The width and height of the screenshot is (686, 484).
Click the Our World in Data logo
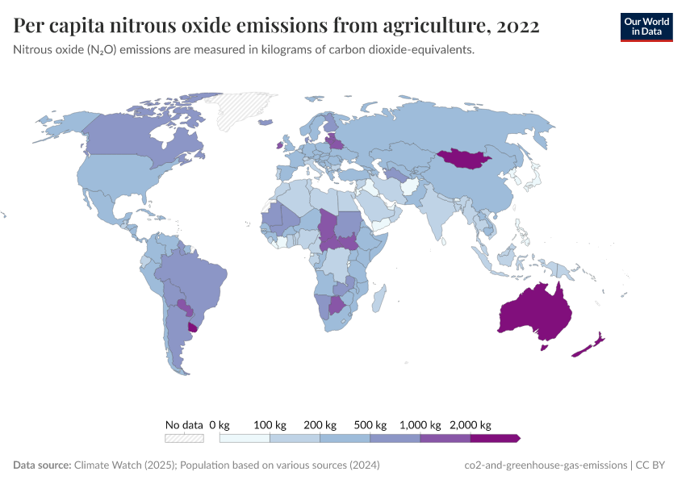tap(646, 27)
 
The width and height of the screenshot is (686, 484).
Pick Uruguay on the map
tap(193, 327)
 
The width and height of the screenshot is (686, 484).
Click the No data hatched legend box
tap(184, 438)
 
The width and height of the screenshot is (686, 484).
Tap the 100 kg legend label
tap(270, 425)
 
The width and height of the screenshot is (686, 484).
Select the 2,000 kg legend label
tap(470, 425)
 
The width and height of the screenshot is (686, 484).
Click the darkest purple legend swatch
tap(494, 438)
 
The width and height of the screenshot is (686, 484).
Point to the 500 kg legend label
tap(370, 425)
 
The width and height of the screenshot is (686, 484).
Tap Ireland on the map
tap(280, 145)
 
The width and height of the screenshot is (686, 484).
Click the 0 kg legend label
tap(220, 425)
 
